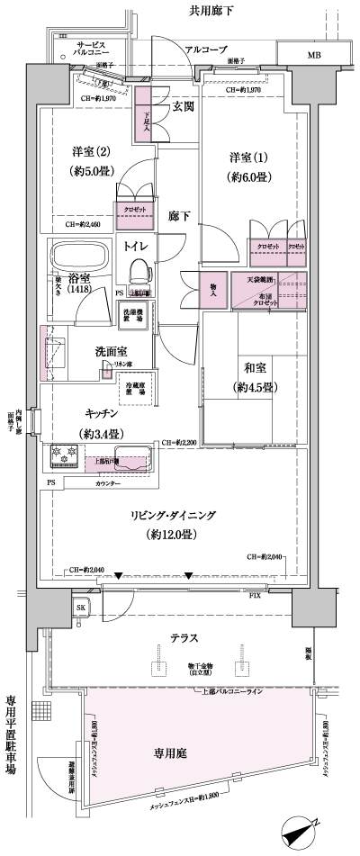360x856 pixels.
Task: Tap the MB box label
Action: tap(313, 56)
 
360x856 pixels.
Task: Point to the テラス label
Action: tap(184, 636)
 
